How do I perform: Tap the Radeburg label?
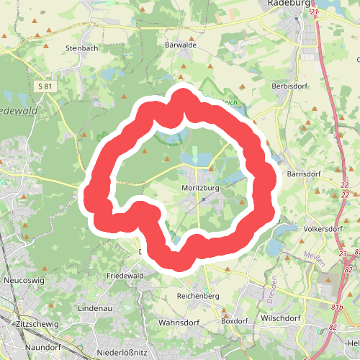[x=288, y=4]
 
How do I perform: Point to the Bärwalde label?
[x=181, y=44]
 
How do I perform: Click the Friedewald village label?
[x=126, y=276]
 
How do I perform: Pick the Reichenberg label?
[x=197, y=296]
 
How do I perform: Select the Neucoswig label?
[x=24, y=279]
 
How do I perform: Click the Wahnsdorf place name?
[x=179, y=322]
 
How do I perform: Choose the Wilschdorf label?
[x=284, y=316]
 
